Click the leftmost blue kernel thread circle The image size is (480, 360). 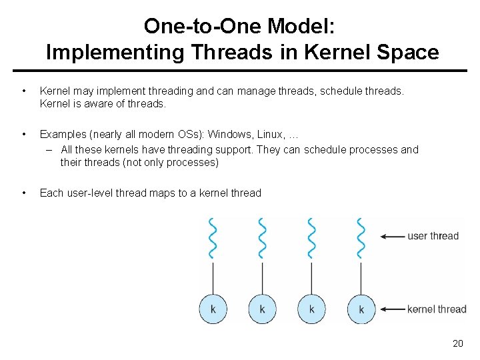coord(213,309)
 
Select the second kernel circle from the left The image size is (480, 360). coord(262,309)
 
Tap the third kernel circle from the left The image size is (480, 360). coord(311,309)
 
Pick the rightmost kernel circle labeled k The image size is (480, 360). coord(361,309)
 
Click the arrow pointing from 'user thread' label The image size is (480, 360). coord(393,236)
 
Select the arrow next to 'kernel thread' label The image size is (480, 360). coord(393,309)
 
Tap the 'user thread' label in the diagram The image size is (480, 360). coord(433,236)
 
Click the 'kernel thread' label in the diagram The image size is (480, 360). coord(437,309)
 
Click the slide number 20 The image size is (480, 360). coord(457,343)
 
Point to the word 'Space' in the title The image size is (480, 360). coord(409,52)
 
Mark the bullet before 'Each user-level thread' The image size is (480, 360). coord(24,193)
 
